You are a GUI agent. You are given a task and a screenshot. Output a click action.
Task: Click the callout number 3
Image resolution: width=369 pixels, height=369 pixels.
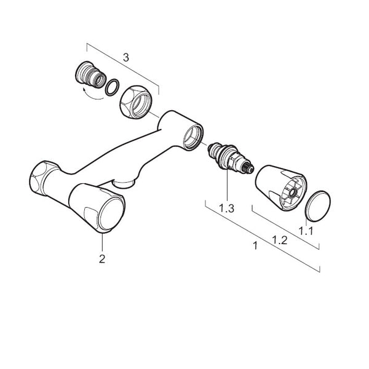tap(126, 58)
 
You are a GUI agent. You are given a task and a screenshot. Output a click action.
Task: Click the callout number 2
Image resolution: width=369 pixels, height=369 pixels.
tap(102, 259)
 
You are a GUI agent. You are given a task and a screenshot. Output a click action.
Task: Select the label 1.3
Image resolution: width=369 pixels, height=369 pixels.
tap(226, 208)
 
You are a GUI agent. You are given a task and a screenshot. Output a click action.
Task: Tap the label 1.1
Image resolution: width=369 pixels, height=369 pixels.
tap(306, 231)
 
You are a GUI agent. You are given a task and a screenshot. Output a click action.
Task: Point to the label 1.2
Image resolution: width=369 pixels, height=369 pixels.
tap(280, 240)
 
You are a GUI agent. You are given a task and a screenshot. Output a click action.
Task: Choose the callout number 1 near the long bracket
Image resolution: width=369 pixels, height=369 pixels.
tap(255, 245)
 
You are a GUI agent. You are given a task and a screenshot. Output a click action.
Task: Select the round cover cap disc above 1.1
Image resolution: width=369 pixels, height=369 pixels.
tap(317, 206)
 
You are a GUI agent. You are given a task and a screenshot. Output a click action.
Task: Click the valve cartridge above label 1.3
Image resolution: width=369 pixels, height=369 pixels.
tap(230, 157)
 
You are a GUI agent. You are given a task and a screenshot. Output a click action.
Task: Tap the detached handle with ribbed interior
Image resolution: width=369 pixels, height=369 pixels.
tap(281, 188)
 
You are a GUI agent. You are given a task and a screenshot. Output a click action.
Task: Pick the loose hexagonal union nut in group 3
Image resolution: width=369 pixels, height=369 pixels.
tap(136, 101)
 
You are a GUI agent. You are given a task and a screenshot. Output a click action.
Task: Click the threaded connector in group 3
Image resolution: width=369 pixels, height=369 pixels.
tap(90, 74)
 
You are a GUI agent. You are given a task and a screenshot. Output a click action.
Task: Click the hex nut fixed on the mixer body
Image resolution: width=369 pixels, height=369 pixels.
tap(43, 178)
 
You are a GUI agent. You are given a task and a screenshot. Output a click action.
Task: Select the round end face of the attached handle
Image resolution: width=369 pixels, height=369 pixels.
tap(111, 213)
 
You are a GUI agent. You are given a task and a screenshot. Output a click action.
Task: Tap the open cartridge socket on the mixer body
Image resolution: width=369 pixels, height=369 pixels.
tap(193, 137)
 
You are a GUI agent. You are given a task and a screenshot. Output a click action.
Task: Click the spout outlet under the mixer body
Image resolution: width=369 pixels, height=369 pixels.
tap(124, 183)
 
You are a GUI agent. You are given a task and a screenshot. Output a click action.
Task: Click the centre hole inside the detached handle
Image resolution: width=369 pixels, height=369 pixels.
tap(293, 193)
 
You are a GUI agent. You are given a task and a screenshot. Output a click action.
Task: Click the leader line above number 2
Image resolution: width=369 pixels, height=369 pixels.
tap(102, 242)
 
